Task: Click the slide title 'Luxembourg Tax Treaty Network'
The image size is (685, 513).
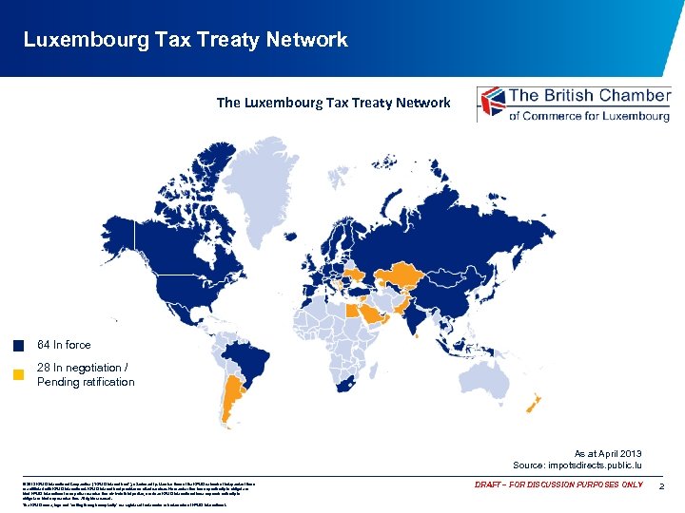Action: [186, 40]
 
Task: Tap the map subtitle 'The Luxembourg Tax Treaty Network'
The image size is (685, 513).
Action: [333, 103]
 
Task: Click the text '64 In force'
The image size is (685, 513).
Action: [64, 345]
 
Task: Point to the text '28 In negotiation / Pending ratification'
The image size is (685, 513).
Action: [85, 374]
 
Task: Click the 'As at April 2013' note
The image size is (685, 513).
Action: [608, 453]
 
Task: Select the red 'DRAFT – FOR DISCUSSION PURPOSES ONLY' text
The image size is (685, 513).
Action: [558, 485]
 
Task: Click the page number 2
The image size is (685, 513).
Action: [661, 485]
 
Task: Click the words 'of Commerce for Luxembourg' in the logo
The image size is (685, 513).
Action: [589, 115]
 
